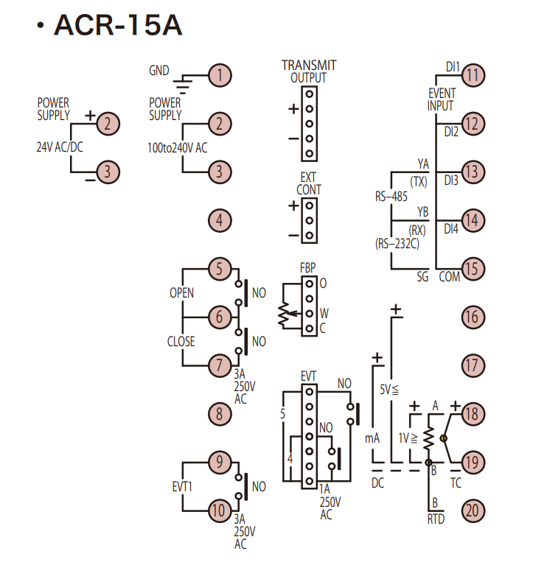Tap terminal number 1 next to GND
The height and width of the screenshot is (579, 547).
(219, 74)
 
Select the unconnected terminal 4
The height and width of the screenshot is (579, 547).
(219, 220)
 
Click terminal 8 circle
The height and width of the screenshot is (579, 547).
(219, 413)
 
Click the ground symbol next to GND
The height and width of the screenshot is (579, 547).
(189, 82)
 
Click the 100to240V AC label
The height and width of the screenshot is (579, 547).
(177, 147)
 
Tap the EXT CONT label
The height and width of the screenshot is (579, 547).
(308, 183)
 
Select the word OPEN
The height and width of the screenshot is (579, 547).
(181, 293)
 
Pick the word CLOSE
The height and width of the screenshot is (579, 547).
(181, 342)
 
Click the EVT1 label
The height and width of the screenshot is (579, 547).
(181, 487)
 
